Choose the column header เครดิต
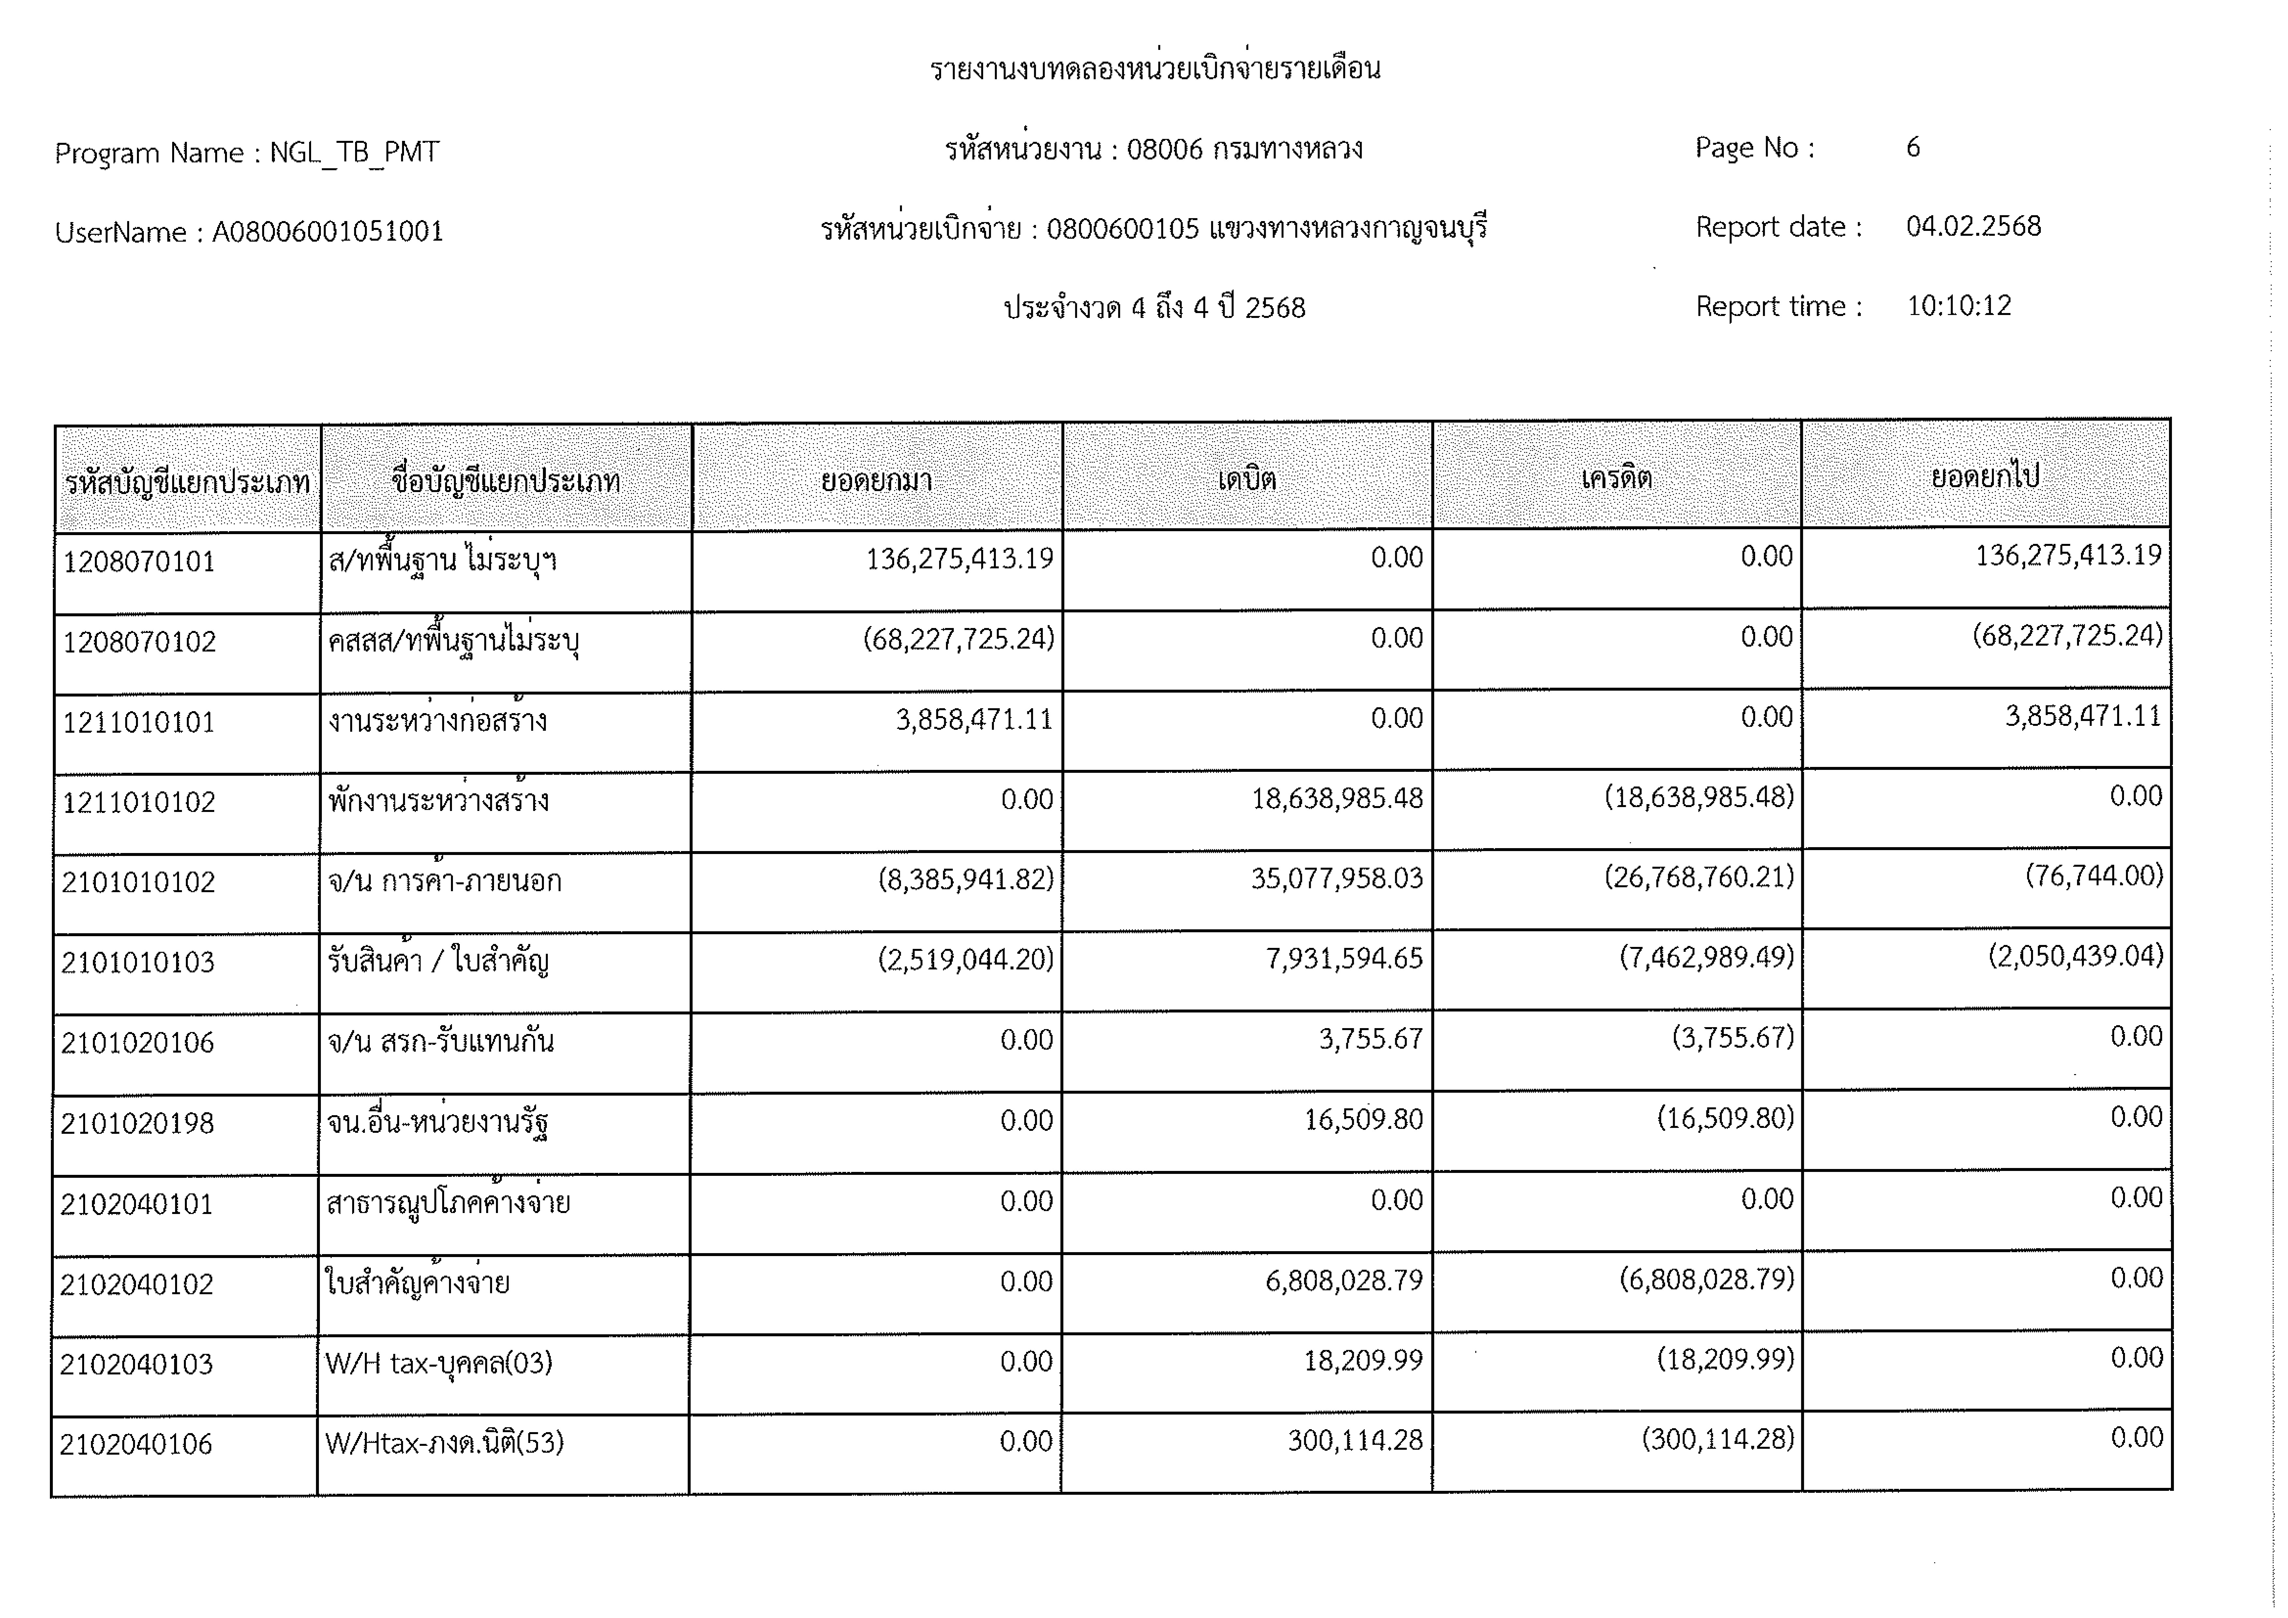pos(1616,478)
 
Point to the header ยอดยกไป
pos(1985,476)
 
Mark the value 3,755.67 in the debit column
pos(1370,1039)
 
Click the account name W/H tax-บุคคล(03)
pos(439,1363)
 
